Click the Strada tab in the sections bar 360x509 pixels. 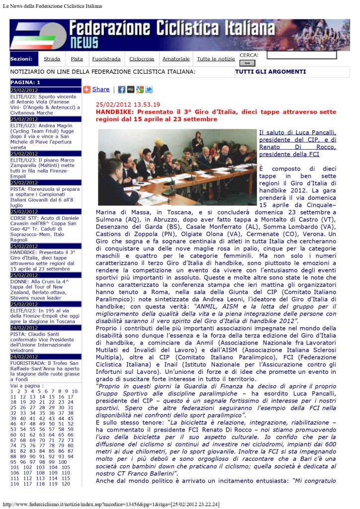pos(52,59)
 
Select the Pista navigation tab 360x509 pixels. pos(77,59)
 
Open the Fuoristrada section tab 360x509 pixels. pos(106,59)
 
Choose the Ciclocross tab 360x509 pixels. pos(142,59)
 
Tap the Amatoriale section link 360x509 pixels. pos(176,59)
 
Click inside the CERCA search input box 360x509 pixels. pos(301,55)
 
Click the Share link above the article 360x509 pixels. pos(100,89)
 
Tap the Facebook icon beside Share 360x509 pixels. pos(121,90)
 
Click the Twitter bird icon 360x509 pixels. pos(149,90)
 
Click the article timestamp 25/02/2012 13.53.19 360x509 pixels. pos(128,105)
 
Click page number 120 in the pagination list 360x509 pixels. pos(65,484)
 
